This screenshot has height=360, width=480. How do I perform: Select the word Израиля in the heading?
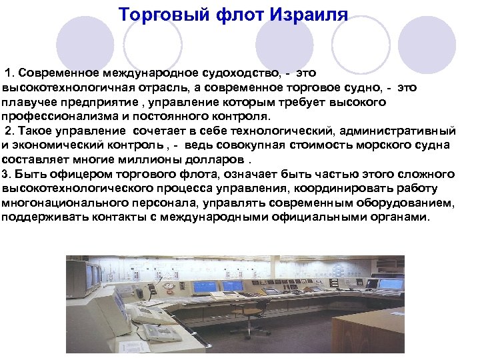point(309,14)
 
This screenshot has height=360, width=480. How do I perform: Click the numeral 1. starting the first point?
point(11,71)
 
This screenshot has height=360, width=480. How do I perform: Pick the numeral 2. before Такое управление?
point(11,130)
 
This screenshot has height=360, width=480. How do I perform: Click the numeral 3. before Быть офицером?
point(7,174)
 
